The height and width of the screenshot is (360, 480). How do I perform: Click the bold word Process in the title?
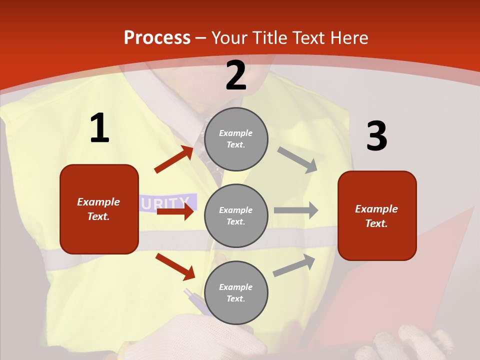pos(157,38)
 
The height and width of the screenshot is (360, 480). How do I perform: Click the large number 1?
pos(99,128)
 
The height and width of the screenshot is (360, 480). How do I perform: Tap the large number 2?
pos(236,76)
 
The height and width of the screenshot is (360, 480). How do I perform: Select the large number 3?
pos(376,136)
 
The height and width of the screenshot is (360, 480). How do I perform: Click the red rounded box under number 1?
pos(99,209)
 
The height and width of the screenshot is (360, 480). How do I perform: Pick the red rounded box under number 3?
pos(377,215)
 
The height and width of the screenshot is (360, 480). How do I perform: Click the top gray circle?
pos(236,139)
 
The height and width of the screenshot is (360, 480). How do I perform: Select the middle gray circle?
pos(236,215)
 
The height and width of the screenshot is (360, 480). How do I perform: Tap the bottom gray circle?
pos(236,292)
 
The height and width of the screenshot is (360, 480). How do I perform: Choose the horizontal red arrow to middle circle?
pos(174,211)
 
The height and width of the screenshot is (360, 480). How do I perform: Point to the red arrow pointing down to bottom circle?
pos(175,266)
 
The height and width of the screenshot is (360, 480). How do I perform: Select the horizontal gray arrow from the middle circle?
pos(295,210)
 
